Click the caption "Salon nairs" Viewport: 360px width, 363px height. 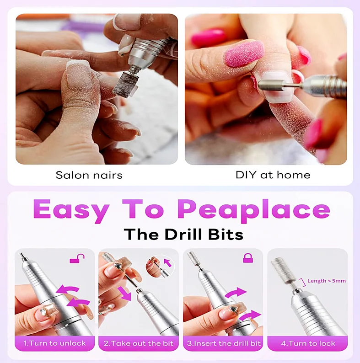89,175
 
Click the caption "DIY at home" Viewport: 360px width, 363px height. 273,175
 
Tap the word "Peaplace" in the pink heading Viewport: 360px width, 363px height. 254,210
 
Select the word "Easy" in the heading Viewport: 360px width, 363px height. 71,210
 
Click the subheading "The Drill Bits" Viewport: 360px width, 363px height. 183,234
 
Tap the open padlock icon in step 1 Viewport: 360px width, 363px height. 77,258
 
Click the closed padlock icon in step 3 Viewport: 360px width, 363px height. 248,258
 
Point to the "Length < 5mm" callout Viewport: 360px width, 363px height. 327,281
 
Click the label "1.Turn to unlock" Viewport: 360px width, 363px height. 55,343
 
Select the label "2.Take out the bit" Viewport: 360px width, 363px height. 139,343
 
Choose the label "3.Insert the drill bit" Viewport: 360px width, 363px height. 224,343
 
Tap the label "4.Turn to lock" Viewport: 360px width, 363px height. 308,343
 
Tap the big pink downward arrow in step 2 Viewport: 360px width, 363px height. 124,294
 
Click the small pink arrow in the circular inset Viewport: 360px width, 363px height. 168,263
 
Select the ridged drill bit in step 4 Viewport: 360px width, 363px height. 283,271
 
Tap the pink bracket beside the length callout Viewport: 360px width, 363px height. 303,283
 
